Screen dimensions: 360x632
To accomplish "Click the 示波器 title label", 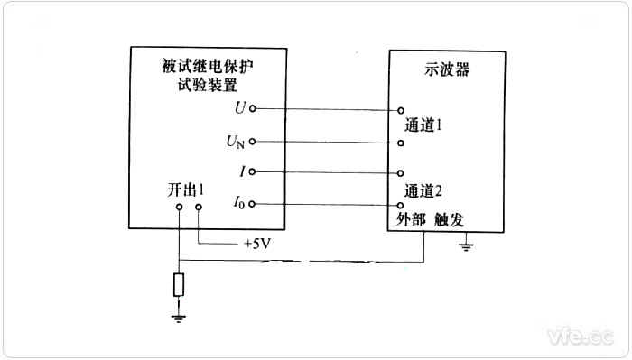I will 442,69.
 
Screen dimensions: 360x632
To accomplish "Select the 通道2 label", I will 423,190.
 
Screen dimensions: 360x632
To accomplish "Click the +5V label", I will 258,245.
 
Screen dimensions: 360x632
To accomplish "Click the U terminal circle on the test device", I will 253,109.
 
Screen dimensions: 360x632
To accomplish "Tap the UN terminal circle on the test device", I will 253,141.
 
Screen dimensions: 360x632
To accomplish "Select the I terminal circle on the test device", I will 253,171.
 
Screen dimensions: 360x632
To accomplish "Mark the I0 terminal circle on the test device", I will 253,204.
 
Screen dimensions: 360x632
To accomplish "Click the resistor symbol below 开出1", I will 180,286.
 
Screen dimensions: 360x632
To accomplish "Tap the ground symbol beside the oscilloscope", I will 466,245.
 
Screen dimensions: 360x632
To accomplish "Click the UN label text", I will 234,142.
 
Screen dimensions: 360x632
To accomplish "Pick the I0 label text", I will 237,205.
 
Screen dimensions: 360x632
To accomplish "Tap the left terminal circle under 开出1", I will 180,208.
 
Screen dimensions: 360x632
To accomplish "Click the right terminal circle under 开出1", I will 199,208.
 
